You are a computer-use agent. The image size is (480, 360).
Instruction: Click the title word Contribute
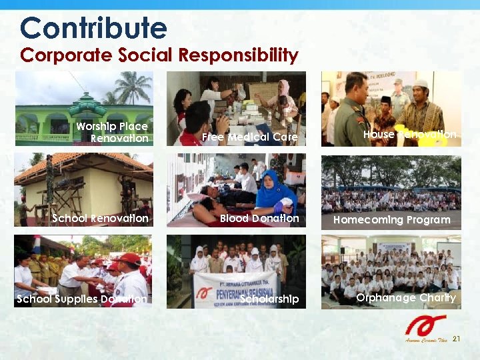[93, 28]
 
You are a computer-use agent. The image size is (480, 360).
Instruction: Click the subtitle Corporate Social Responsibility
[159, 55]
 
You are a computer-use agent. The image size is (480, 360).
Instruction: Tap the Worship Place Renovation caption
[112, 132]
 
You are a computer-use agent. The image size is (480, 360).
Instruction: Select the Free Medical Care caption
[249, 137]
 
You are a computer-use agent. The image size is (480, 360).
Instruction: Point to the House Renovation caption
[410, 135]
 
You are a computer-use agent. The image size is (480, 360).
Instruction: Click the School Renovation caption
[100, 218]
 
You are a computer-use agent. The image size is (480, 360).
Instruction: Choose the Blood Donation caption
[259, 218]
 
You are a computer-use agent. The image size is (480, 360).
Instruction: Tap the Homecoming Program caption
[391, 219]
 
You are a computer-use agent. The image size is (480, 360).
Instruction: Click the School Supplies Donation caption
[81, 299]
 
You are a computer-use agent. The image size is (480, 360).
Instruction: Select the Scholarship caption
[269, 299]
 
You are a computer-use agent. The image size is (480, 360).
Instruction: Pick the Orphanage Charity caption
[406, 298]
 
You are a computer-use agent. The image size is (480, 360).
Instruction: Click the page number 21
[457, 339]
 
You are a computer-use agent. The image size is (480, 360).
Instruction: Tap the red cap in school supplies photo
[131, 258]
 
